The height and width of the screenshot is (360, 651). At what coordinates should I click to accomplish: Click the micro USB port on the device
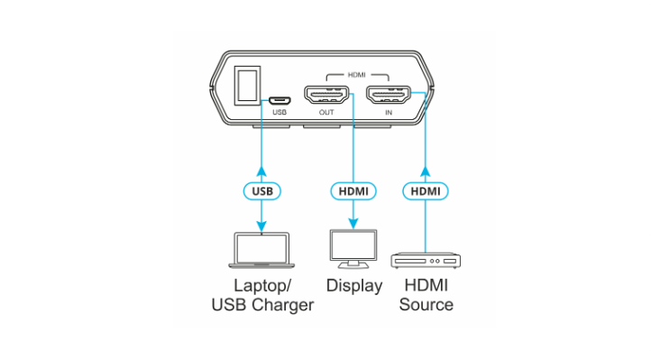coord(280,101)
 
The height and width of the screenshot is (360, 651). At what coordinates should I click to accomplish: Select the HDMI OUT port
coord(326,95)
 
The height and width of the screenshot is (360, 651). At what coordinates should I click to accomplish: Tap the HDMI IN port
coord(389,95)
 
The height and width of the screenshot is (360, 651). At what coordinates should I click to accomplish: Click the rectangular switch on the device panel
coord(247,85)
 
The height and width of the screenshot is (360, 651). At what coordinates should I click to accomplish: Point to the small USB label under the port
coord(280,113)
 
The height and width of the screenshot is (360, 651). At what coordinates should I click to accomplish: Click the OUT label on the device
coord(326,113)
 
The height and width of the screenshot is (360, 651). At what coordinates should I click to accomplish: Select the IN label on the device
coord(389,113)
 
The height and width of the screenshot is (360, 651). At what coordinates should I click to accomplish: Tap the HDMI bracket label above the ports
coord(357,75)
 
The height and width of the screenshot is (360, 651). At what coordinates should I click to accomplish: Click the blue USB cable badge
coord(262,191)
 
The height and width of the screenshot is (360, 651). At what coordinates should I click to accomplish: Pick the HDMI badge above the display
coord(353,191)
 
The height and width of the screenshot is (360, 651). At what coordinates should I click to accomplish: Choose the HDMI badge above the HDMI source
coord(426,191)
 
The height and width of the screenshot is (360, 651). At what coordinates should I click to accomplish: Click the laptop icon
coord(261,251)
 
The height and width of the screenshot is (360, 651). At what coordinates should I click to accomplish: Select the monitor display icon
coord(353,249)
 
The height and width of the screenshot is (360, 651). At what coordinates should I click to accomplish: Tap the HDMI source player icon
coord(426,261)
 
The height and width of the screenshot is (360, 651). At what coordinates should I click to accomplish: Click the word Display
coord(354,286)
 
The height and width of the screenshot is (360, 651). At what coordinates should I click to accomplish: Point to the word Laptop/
coord(262,286)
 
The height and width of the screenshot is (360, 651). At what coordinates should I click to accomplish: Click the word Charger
coord(283,305)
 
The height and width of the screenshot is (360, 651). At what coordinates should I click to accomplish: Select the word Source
coord(426,305)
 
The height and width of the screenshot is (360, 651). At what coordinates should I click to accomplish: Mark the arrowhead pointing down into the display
coord(353,224)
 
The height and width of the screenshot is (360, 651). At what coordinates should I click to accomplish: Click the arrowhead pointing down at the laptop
coord(261,226)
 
